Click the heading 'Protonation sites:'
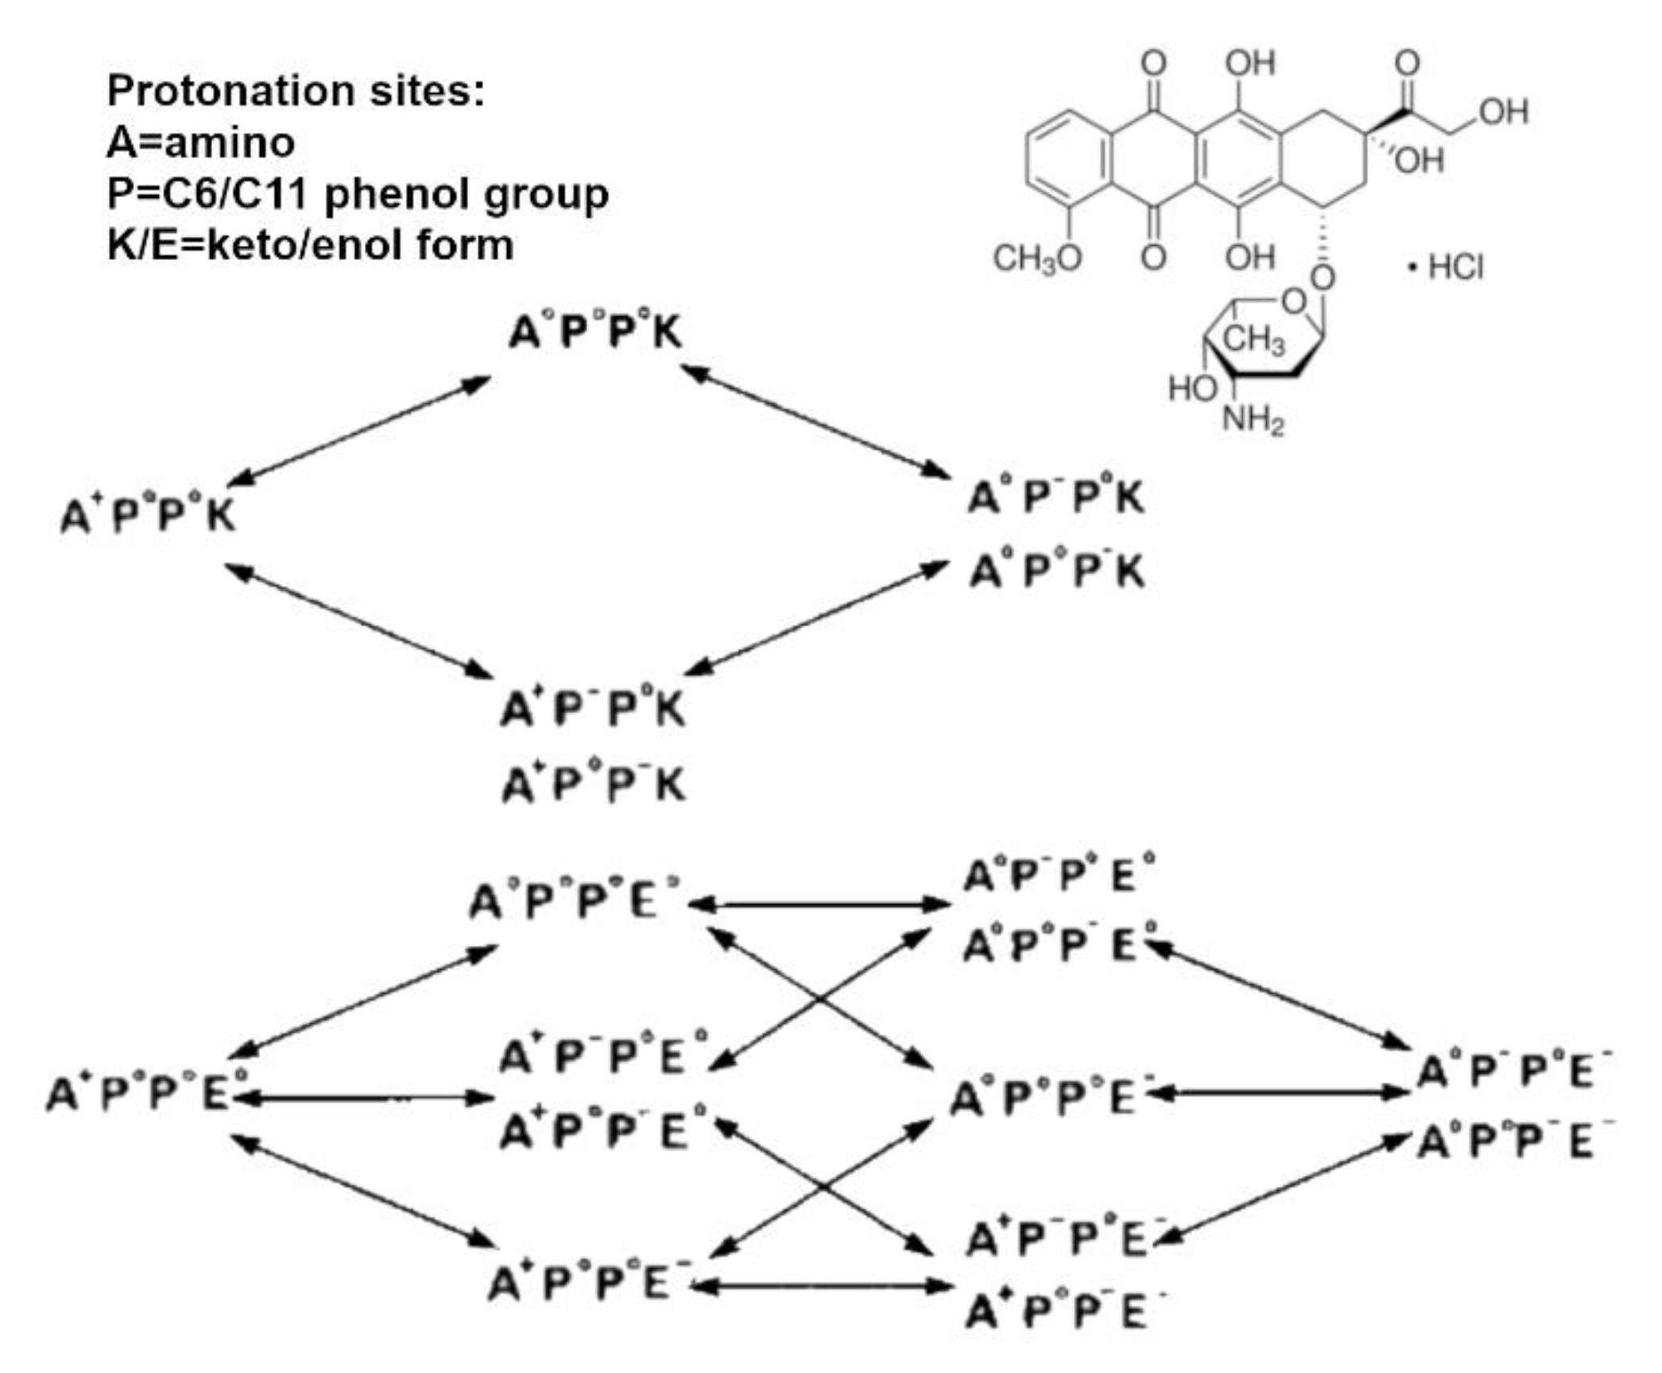point(296,91)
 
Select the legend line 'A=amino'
point(201,143)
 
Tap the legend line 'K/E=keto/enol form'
point(310,245)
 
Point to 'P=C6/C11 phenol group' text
point(358,194)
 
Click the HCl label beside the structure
point(1455,267)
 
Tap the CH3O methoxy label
point(1036,258)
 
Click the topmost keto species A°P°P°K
point(595,332)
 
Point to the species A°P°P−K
point(1056,571)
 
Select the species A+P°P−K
point(593,785)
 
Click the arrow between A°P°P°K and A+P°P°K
point(359,431)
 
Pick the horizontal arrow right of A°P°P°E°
point(819,905)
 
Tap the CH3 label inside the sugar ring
point(1253,340)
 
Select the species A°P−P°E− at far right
point(1514,1072)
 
